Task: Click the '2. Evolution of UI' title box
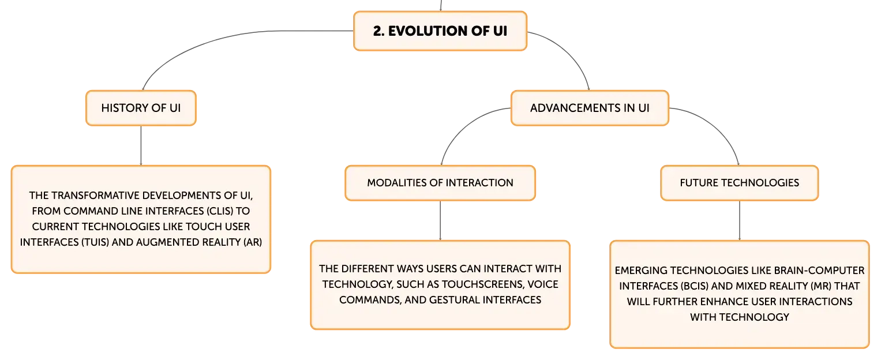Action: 440,31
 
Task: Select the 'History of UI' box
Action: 141,108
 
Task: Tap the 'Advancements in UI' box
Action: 590,108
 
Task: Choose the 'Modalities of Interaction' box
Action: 440,182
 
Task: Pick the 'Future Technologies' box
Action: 740,182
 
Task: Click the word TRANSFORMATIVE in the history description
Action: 96,196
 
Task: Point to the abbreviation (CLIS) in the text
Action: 219,211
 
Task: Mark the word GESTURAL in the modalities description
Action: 454,300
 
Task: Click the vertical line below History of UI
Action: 141,145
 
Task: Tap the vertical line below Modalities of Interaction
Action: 440,220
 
